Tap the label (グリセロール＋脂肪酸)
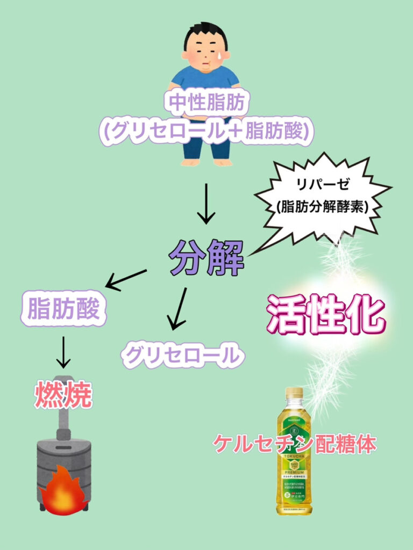(x=205, y=131)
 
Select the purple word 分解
(x=206, y=256)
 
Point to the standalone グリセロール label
(x=182, y=354)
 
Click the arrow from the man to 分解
(x=206, y=204)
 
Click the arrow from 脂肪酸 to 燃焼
(x=63, y=352)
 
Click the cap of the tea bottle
(x=294, y=392)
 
